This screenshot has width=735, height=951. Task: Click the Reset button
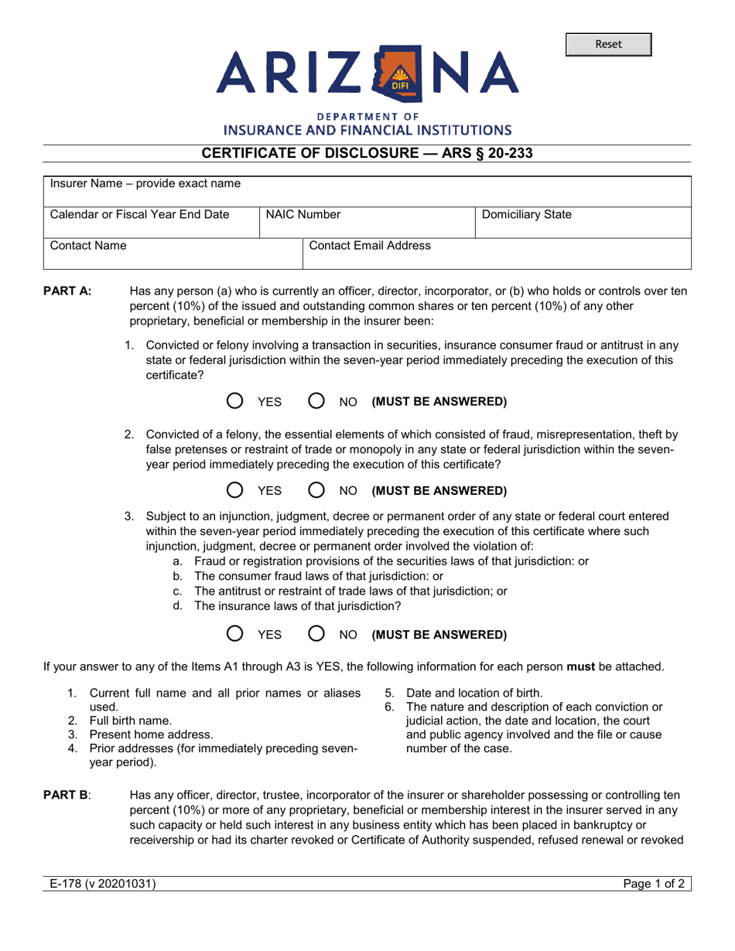click(x=608, y=45)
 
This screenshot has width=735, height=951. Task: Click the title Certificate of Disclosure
click(x=367, y=153)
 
